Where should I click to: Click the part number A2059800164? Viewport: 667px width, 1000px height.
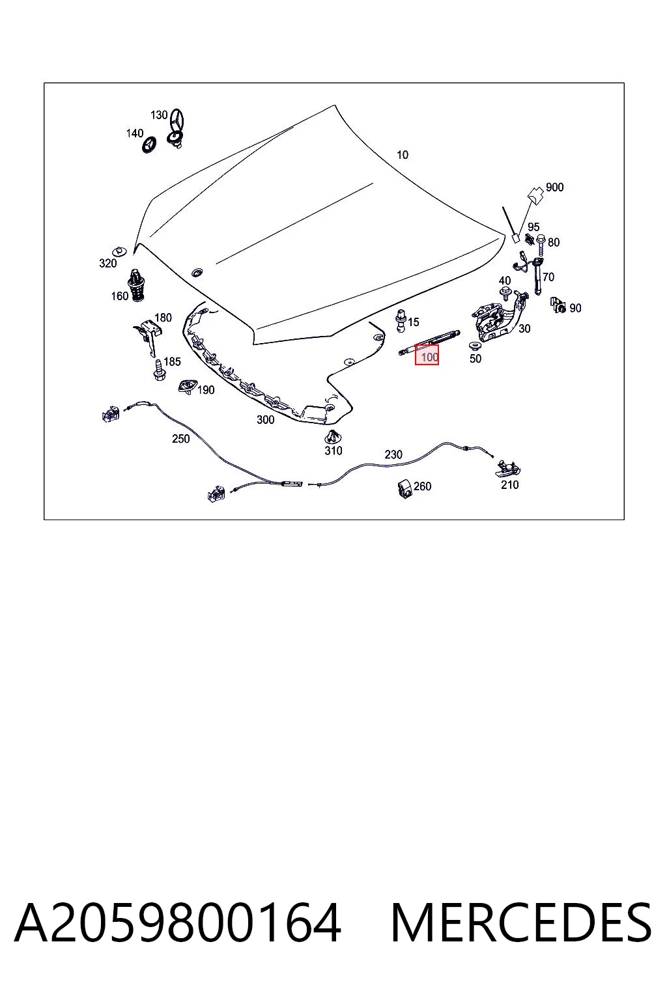178,922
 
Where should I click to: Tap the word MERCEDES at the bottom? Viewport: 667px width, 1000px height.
521,923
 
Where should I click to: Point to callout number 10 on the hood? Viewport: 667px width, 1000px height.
402,155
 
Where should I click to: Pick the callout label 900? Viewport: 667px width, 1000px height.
554,187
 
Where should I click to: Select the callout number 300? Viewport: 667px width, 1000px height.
265,420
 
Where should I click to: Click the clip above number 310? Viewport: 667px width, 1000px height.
332,437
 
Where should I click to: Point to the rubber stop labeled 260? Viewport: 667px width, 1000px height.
404,488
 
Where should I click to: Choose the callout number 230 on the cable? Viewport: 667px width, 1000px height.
393,454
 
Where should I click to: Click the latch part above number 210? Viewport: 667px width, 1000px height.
508,468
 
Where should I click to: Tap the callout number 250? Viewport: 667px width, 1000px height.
181,439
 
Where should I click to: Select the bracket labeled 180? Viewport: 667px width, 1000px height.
148,335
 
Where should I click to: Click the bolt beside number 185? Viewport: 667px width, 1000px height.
159,370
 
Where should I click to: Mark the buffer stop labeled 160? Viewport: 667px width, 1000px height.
136,285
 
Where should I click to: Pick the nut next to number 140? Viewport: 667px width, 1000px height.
149,144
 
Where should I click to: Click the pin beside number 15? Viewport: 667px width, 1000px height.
401,320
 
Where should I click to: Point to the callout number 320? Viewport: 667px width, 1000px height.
107,264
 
